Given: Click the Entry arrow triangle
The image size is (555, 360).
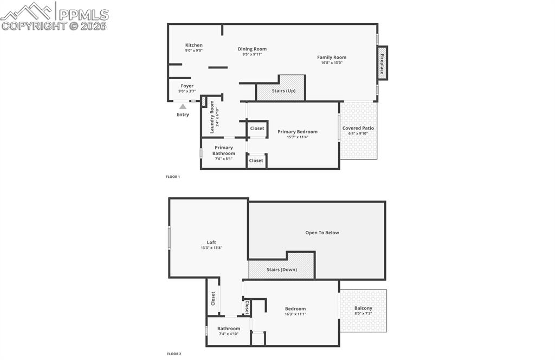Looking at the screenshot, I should pyautogui.click(x=183, y=107).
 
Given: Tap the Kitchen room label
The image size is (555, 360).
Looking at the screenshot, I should pyautogui.click(x=193, y=45).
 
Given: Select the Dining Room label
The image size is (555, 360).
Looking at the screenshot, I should pyautogui.click(x=252, y=49).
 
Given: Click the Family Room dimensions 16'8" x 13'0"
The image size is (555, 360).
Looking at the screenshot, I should pyautogui.click(x=332, y=63).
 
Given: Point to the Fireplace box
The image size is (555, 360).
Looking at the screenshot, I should pyautogui.click(x=382, y=63).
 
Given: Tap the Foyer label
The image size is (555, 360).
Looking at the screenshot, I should pyautogui.click(x=187, y=86).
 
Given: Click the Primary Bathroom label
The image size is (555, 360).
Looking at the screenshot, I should pyautogui.click(x=224, y=150).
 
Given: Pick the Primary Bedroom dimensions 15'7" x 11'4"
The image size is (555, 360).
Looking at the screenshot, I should pyautogui.click(x=298, y=137).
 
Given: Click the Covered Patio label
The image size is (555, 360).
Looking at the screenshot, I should pyautogui.click(x=358, y=128).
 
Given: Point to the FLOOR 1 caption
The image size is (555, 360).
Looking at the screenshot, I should pyautogui.click(x=173, y=177).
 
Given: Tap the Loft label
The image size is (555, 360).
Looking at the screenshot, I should pyautogui.click(x=211, y=242).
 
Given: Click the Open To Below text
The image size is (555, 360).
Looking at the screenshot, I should pyautogui.click(x=322, y=233).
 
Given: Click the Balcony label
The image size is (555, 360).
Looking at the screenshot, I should pyautogui.click(x=363, y=308).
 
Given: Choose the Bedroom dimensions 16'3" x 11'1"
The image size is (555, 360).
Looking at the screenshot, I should pyautogui.click(x=295, y=314).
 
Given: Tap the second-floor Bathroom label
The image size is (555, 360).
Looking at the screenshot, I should pyautogui.click(x=229, y=328).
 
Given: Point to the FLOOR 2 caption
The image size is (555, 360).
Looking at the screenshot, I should pyautogui.click(x=174, y=353).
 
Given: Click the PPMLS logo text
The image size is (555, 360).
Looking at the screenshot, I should pyautogui.click(x=83, y=15).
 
